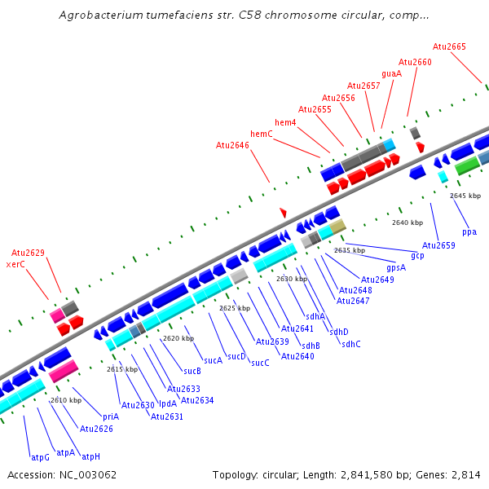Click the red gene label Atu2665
pos(449,46)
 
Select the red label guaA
pos(392,73)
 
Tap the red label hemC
pos(261,133)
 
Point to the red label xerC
pos(15,264)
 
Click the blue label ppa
pos(469,231)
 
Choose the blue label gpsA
pos(396,267)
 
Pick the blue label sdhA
pos(315,316)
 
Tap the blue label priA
pos(111,416)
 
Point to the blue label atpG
pos(40,456)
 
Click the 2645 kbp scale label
pos(465,196)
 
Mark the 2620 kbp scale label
pos(178,338)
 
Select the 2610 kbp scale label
pos(66,400)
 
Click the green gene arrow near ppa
pos(467,166)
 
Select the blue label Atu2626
pos(96,428)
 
